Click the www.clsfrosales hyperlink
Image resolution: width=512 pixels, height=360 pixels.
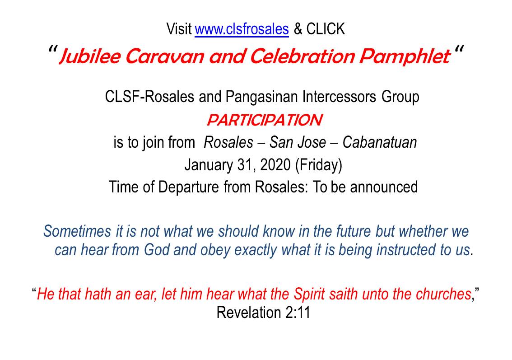tap(242, 29)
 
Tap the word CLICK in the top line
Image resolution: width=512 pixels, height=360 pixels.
tap(326, 29)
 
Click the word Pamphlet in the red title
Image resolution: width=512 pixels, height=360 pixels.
tap(405, 56)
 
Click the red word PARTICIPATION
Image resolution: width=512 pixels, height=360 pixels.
tap(265, 120)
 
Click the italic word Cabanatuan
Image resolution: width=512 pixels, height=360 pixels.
tap(380, 142)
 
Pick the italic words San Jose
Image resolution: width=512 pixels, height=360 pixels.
tap(298, 142)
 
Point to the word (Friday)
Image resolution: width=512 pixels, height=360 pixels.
tap(319, 165)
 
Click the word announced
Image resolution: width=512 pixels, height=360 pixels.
tap(384, 187)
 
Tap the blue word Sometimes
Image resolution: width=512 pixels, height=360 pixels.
tap(77, 231)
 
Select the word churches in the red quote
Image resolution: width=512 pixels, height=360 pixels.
tap(443, 294)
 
